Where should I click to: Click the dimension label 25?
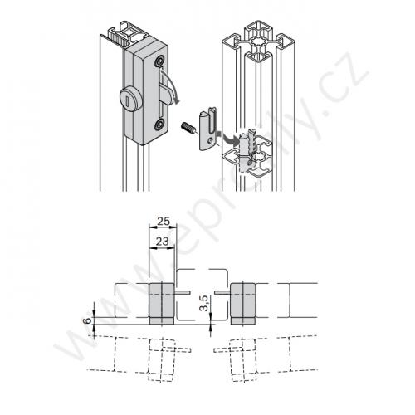[x=163, y=221]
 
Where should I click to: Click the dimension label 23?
[x=162, y=242]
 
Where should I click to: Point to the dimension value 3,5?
[x=203, y=303]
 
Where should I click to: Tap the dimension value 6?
[x=87, y=320]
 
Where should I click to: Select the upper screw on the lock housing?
[x=160, y=61]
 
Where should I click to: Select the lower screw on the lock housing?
[x=159, y=125]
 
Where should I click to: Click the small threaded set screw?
[x=188, y=127]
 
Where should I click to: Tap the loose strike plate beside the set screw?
[x=207, y=129]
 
